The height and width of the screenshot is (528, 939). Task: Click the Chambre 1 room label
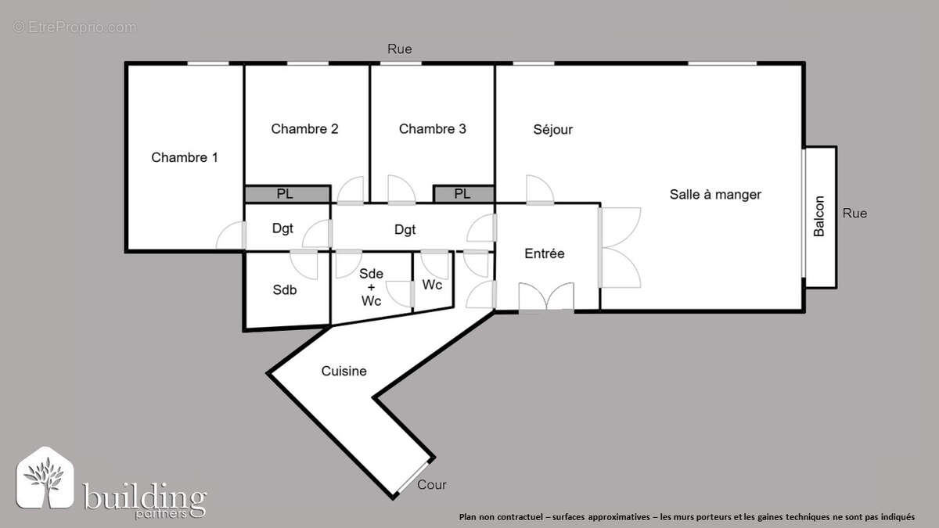tap(185, 157)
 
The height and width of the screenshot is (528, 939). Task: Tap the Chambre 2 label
tap(304, 129)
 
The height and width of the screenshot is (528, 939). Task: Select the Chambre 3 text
tap(432, 129)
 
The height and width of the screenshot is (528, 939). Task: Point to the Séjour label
tap(552, 130)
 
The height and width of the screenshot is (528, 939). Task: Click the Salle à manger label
tap(715, 194)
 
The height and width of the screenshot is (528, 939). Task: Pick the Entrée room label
tap(545, 253)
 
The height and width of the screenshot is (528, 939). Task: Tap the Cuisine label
tap(344, 371)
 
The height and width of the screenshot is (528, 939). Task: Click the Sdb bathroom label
tap(285, 289)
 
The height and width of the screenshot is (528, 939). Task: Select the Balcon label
tap(819, 216)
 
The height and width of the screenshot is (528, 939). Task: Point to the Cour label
tap(432, 485)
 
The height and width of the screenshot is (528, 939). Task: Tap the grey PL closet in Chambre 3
tap(462, 194)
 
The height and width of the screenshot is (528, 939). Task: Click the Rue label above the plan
tap(400, 49)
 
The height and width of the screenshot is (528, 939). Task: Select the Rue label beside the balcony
tap(854, 213)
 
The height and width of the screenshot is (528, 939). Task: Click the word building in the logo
tap(145, 496)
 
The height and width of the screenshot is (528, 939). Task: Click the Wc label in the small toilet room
tap(432, 285)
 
